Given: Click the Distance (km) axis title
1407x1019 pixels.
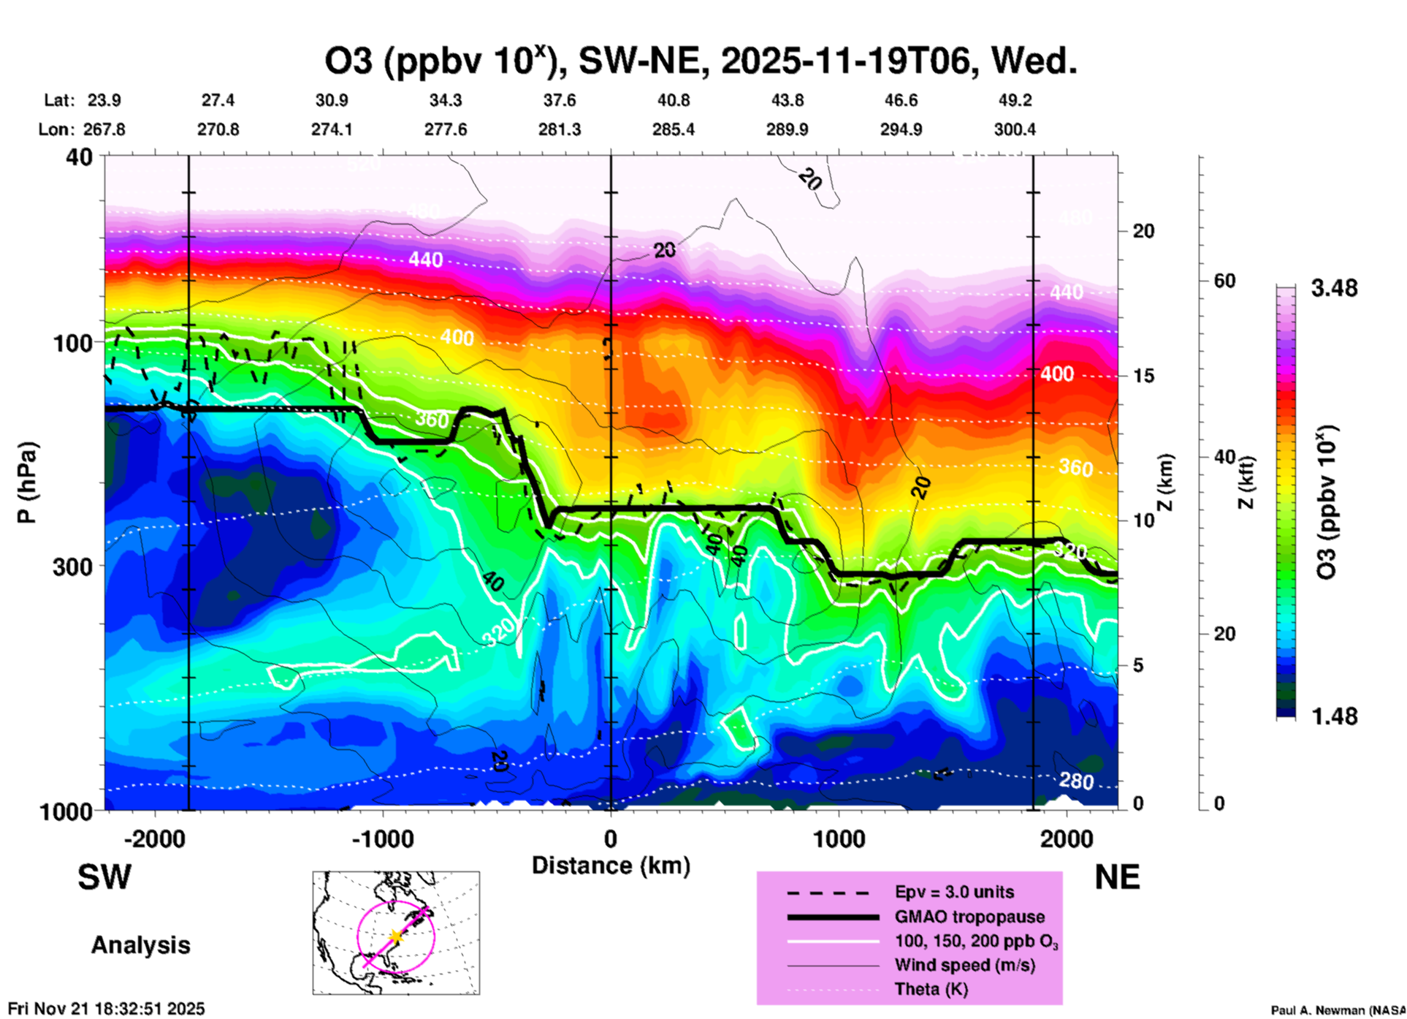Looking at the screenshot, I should pyautogui.click(x=611, y=865).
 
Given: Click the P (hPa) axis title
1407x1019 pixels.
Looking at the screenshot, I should pyautogui.click(x=27, y=482).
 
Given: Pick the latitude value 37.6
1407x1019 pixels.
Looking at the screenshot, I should pyautogui.click(x=560, y=100).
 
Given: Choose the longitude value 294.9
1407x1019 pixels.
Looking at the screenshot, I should pyautogui.click(x=901, y=129).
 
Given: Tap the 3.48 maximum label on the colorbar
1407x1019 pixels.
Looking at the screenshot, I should pyautogui.click(x=1334, y=289).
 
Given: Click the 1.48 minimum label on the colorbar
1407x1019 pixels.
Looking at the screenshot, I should pyautogui.click(x=1334, y=716).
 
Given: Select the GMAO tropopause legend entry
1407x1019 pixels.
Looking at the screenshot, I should pyautogui.click(x=969, y=917).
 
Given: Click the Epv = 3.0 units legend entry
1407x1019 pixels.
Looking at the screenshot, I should pyautogui.click(x=954, y=892).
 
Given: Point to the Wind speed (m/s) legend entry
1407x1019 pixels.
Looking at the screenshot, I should pyautogui.click(x=964, y=965).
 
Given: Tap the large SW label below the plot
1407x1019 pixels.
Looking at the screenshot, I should pyautogui.click(x=104, y=877).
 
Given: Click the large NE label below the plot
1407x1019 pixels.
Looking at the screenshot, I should pyautogui.click(x=1117, y=877).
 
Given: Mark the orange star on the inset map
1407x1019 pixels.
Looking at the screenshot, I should pyautogui.click(x=396, y=936).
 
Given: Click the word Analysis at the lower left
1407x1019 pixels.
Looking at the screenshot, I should pyautogui.click(x=140, y=945).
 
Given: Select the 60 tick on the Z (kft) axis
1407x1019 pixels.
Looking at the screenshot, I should pyautogui.click(x=1224, y=281).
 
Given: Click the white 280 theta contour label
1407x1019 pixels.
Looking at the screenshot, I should pyautogui.click(x=1076, y=781).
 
